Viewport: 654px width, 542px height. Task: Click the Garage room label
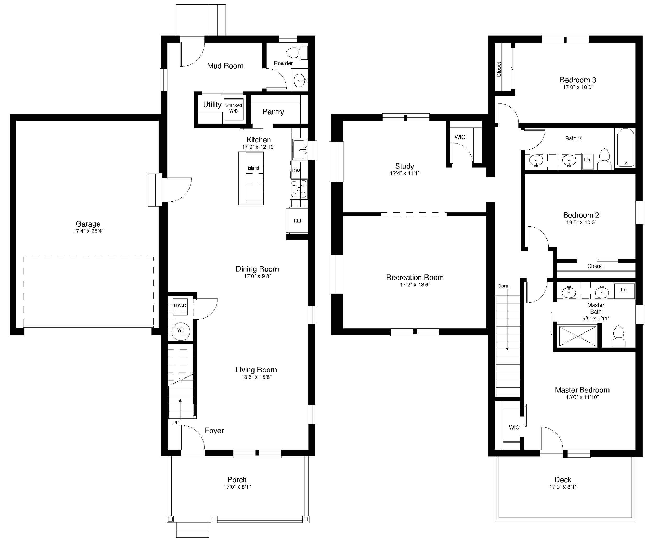click(88, 224)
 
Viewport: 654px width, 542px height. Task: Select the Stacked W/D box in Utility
click(234, 108)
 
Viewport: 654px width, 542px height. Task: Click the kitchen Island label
click(253, 168)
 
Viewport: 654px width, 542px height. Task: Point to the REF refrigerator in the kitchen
click(298, 221)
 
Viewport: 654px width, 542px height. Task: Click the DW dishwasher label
click(296, 170)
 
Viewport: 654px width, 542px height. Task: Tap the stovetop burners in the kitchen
click(299, 189)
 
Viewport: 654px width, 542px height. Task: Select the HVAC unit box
click(180, 306)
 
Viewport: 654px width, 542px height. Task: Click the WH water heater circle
click(181, 330)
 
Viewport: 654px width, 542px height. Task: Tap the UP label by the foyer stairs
click(176, 422)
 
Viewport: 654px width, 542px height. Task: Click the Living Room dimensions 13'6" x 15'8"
click(256, 377)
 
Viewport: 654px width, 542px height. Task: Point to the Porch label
click(237, 480)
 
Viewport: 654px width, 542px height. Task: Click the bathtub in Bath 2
click(625, 147)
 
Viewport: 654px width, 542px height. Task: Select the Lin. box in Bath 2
click(587, 160)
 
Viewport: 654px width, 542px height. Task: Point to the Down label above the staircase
click(504, 286)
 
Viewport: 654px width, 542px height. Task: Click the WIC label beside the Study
click(460, 137)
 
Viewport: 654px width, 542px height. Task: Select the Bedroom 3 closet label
click(499, 69)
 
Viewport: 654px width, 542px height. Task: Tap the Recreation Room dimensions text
click(415, 285)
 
